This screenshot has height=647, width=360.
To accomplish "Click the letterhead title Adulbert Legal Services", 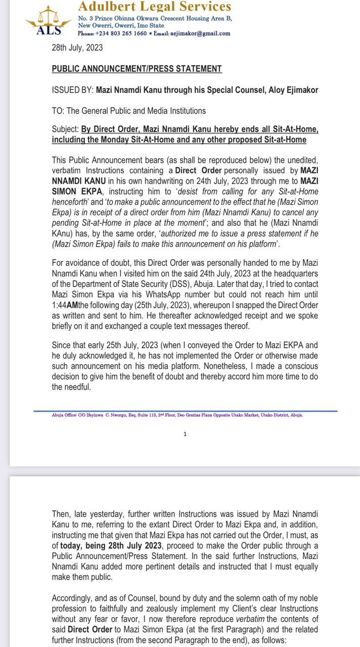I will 155,7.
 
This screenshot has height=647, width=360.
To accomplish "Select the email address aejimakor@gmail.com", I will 202,34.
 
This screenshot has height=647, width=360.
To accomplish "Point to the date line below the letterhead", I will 77,48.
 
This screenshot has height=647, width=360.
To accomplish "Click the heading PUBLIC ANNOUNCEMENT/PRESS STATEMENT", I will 137,69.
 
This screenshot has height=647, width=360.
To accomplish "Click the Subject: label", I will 65,129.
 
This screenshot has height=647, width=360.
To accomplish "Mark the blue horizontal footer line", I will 185,410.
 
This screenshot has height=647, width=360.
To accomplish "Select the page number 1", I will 185,434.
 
